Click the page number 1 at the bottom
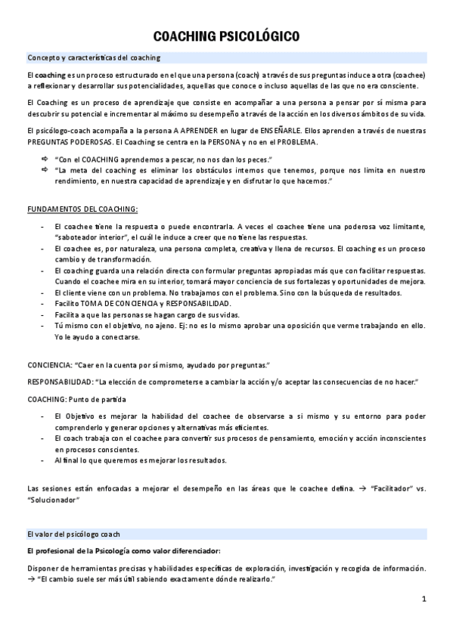click(424, 599)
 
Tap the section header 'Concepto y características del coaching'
click(93, 57)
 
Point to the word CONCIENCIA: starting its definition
click(49, 364)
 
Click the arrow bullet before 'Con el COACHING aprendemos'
click(43, 159)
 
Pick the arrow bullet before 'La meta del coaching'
click(43, 171)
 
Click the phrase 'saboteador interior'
click(86, 237)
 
